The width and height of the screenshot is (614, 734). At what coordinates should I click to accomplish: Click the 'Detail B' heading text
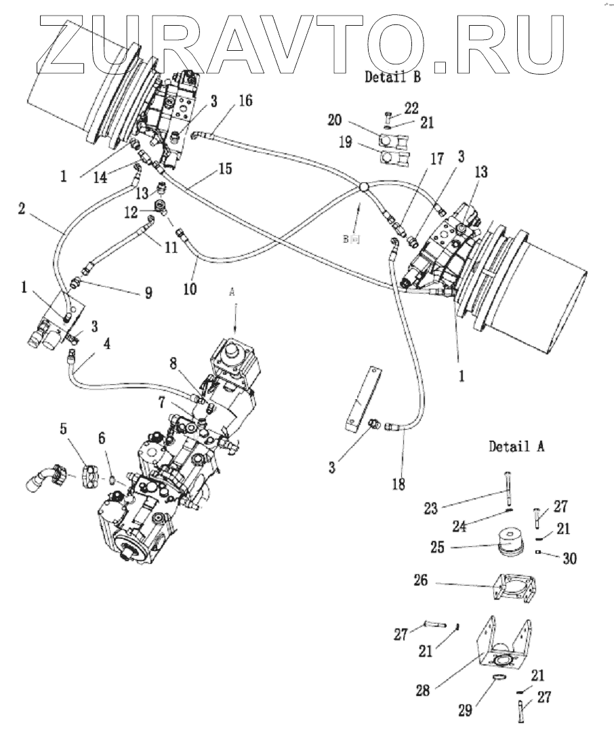[392, 77]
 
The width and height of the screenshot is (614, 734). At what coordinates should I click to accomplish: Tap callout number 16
[245, 101]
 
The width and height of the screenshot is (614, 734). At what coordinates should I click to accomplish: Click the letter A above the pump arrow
[234, 292]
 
